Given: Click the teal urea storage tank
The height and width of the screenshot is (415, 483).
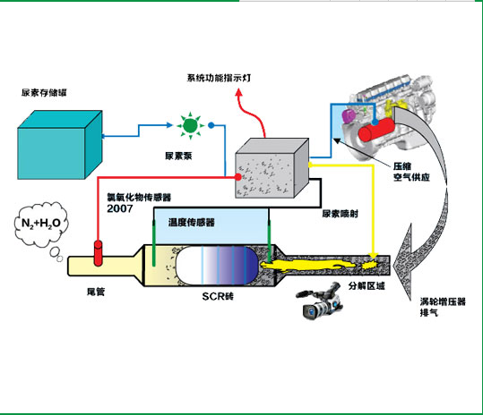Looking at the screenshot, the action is tap(60, 145).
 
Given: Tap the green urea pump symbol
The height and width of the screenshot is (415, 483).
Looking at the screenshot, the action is tap(190, 125).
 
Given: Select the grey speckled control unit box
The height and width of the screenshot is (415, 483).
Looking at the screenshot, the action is tap(272, 168).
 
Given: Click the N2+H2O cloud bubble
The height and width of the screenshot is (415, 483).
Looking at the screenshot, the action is tap(41, 224).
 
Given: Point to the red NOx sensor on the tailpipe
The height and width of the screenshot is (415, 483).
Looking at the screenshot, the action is tap(98, 253).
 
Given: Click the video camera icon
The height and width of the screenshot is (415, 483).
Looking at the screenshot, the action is tap(320, 301).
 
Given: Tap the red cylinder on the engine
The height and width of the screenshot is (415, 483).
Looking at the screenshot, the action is tap(375, 131).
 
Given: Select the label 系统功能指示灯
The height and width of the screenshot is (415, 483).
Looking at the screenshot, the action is tap(219, 78).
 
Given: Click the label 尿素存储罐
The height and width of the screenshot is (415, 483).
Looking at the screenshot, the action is tap(44, 92).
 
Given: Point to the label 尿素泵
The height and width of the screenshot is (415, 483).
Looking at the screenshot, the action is tap(178, 156).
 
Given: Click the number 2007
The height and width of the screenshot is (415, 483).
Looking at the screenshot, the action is tap(120, 208).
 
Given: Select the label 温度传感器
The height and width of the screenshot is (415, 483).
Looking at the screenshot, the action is tap(191, 222).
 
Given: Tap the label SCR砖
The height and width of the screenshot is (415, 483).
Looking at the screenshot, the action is tap(218, 296).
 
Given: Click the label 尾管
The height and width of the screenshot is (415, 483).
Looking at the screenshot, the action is tap(96, 292).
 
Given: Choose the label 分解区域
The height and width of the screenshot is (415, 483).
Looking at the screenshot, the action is tap(367, 286).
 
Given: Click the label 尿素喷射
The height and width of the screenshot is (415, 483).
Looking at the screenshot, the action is tap(341, 214).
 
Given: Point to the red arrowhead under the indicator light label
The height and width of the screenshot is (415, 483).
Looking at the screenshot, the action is tap(238, 91).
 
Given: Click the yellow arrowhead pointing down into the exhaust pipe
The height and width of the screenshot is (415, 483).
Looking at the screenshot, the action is tap(374, 256).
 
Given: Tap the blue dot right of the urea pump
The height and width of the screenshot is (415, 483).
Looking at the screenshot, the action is tap(211, 125).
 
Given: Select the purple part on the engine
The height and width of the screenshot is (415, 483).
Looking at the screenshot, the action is tap(348, 115).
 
